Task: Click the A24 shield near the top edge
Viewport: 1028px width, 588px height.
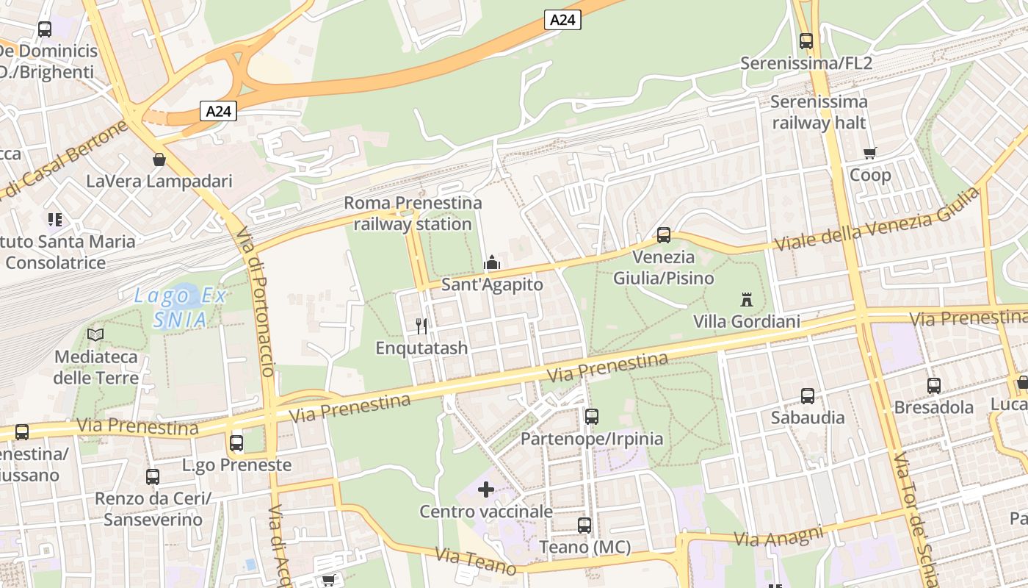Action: point(562,20)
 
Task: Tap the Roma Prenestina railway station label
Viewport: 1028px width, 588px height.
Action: point(413,213)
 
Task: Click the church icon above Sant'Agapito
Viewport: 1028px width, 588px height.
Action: point(491,262)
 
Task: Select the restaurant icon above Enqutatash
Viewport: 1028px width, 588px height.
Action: point(421,326)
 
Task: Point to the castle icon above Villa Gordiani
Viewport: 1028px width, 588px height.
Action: point(747,299)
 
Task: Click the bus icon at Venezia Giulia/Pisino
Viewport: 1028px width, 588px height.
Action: point(664,235)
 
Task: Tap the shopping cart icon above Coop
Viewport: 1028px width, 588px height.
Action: point(870,153)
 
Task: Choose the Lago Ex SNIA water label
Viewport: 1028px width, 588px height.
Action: point(180,308)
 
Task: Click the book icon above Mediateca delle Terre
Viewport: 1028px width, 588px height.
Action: point(95,334)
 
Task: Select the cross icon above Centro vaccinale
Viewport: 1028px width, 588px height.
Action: point(486,489)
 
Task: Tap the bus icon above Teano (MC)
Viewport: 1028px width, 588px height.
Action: point(584,526)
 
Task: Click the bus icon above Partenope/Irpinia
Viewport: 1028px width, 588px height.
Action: point(592,417)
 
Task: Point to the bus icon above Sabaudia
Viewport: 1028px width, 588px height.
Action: point(808,395)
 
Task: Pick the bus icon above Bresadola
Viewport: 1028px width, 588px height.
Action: point(934,385)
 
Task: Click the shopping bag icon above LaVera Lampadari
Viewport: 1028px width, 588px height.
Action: point(159,159)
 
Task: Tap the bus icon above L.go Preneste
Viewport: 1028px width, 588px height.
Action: point(236,443)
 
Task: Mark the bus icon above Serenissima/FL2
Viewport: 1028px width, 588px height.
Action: point(806,41)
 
